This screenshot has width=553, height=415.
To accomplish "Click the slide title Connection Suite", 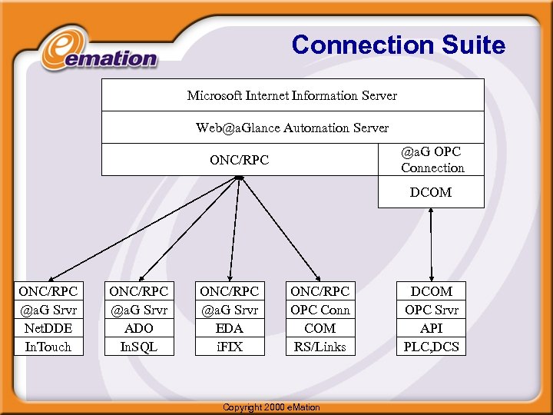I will [398, 45].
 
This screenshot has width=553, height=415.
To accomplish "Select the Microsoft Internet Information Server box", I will [293, 95].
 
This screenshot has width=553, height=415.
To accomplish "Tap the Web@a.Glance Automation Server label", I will [293, 128].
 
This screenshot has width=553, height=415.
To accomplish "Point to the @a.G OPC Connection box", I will [432, 160].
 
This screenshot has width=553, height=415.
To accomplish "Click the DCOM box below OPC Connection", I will [431, 192].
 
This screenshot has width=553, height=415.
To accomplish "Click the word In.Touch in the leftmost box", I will [48, 347].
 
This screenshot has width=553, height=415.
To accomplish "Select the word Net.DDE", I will [48, 328].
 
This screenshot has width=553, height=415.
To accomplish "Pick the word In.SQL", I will [138, 347].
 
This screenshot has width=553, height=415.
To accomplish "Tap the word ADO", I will [138, 328].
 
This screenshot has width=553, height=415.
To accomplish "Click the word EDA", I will [229, 328].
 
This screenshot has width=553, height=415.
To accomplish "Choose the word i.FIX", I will [229, 347].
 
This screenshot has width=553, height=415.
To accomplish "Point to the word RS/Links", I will [320, 347].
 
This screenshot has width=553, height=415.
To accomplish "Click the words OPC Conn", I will [320, 310].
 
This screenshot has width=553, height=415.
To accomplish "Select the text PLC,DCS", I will [432, 347].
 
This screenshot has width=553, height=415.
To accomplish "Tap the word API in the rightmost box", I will [432, 328].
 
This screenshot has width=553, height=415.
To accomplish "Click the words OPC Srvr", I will [432, 310].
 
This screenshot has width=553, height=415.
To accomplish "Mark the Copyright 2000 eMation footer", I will [271, 407].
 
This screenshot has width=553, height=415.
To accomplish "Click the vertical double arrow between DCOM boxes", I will [432, 244].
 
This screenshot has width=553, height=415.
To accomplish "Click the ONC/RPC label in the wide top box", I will [240, 161].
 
